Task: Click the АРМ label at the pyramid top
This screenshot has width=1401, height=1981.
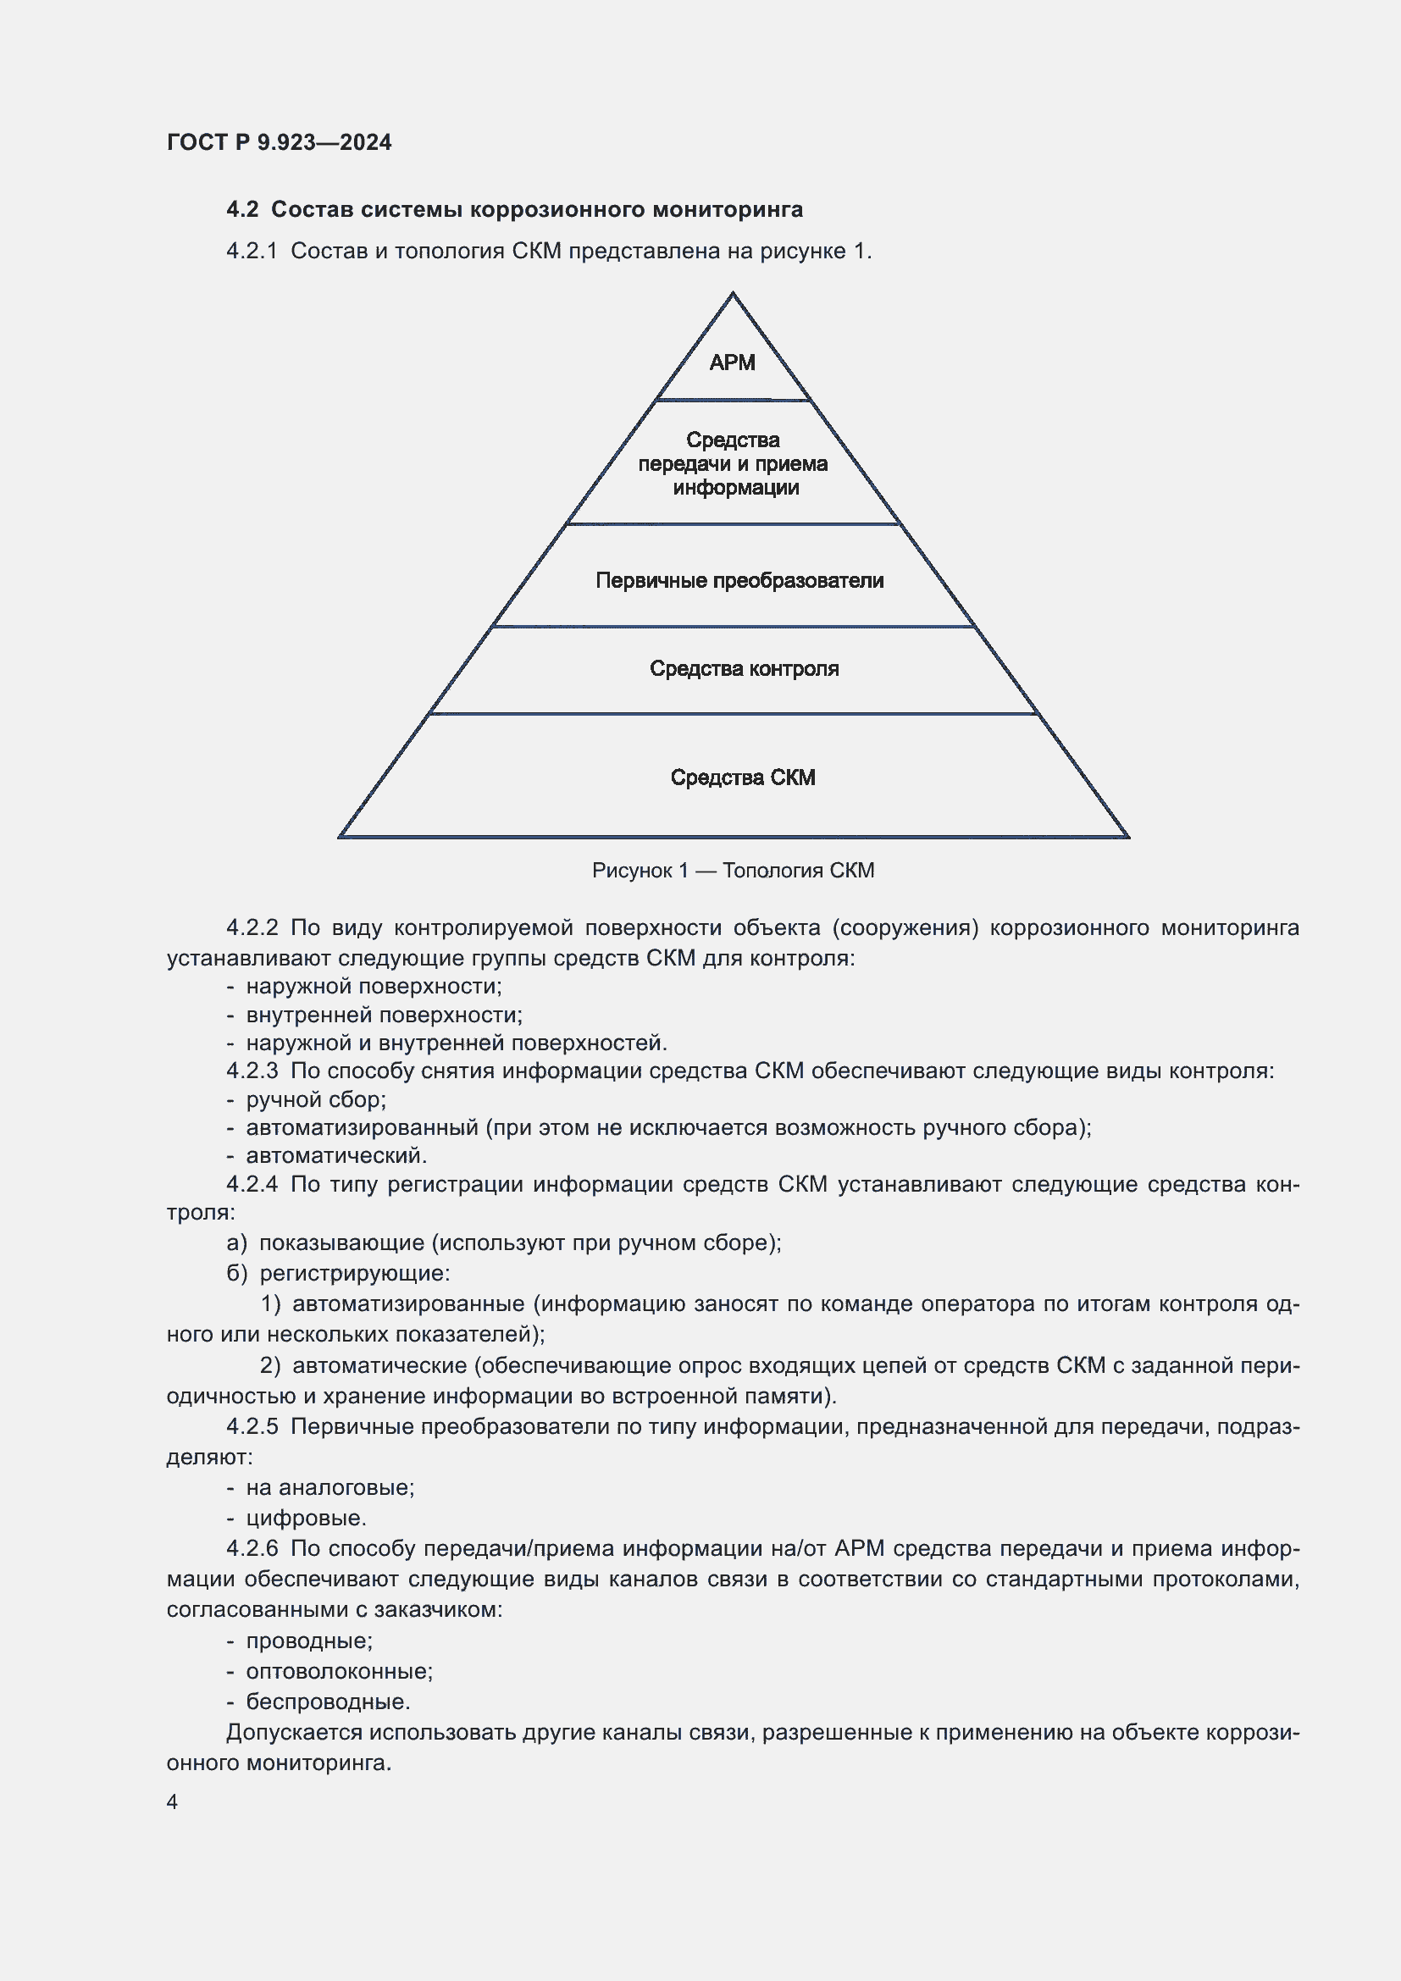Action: tap(732, 362)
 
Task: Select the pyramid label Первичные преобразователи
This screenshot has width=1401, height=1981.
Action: tap(739, 581)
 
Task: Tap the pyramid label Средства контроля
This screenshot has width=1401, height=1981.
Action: tap(744, 669)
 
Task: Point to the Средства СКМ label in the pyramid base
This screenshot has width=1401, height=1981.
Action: tap(743, 777)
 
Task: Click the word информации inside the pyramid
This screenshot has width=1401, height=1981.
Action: tap(736, 489)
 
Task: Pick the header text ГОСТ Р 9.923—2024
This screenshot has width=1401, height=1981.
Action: tap(279, 142)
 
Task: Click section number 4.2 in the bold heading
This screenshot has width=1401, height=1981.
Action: tap(242, 210)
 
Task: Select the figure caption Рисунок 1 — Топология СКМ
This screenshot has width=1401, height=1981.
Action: tap(733, 871)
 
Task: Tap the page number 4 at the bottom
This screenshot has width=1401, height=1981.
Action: tap(173, 1801)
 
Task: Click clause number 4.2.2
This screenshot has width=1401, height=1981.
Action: tap(252, 927)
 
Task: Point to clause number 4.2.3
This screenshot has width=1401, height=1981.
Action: tap(252, 1071)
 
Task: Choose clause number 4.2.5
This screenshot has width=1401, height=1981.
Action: tap(252, 1426)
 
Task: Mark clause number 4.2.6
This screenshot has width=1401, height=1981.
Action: tap(252, 1548)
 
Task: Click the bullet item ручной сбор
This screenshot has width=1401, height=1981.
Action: tap(316, 1100)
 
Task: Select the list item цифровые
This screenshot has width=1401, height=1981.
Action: tap(307, 1518)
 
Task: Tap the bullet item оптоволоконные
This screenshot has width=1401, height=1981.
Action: tap(339, 1671)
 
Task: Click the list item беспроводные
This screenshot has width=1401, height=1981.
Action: tap(328, 1702)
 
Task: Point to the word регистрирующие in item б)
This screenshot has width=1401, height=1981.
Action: tap(354, 1274)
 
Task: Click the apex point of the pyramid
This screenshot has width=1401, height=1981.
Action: tap(733, 294)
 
